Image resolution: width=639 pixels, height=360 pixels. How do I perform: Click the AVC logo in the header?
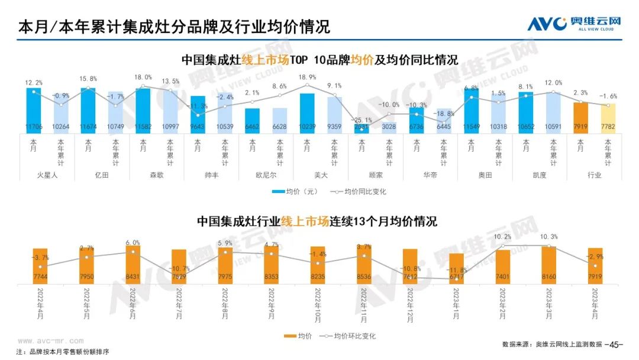(x=574, y=24)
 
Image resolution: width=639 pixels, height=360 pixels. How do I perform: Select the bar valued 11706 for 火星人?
(x=34, y=110)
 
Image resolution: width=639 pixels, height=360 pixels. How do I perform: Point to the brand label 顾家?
(x=375, y=175)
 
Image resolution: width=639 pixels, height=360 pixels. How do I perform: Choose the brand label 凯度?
(x=539, y=175)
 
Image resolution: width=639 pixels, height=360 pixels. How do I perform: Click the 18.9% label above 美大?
(x=307, y=77)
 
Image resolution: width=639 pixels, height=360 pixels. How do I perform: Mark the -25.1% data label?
(x=361, y=120)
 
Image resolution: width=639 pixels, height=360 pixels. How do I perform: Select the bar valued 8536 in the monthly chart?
(x=364, y=264)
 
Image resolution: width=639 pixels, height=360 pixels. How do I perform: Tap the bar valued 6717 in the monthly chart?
(x=456, y=268)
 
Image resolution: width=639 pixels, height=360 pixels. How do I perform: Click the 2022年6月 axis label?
(x=133, y=303)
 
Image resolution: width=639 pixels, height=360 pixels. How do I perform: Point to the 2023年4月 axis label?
(x=593, y=303)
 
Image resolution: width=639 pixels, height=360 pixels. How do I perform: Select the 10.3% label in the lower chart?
(x=548, y=237)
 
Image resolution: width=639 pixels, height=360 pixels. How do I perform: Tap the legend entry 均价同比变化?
(x=363, y=192)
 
